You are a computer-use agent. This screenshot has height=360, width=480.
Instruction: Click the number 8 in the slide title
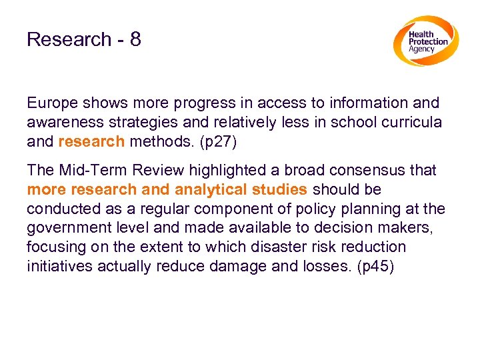135,40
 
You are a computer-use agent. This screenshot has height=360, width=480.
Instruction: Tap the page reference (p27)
217,142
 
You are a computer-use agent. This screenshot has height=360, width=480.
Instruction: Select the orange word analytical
215,190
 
